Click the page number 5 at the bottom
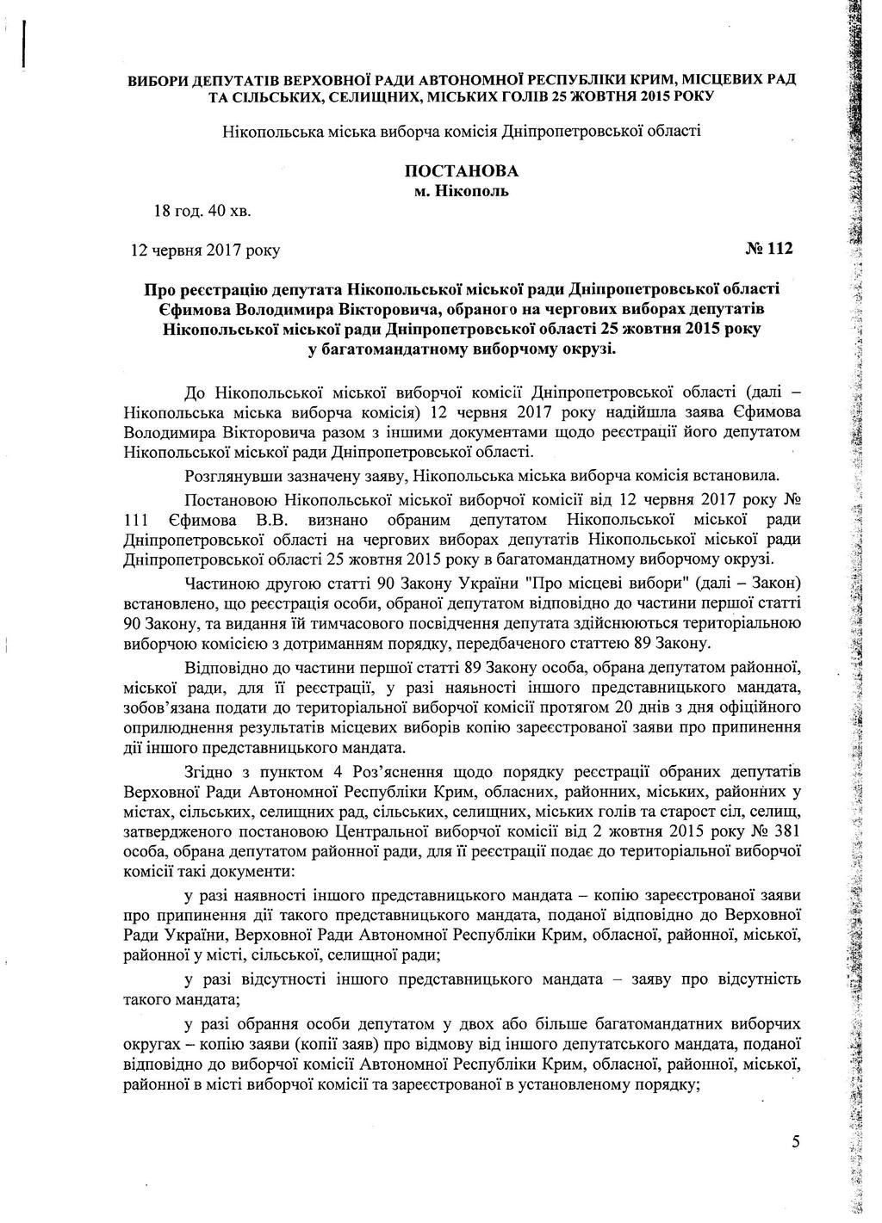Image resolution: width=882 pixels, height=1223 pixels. coord(795,1142)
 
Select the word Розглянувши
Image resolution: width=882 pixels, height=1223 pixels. coord(230,474)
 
